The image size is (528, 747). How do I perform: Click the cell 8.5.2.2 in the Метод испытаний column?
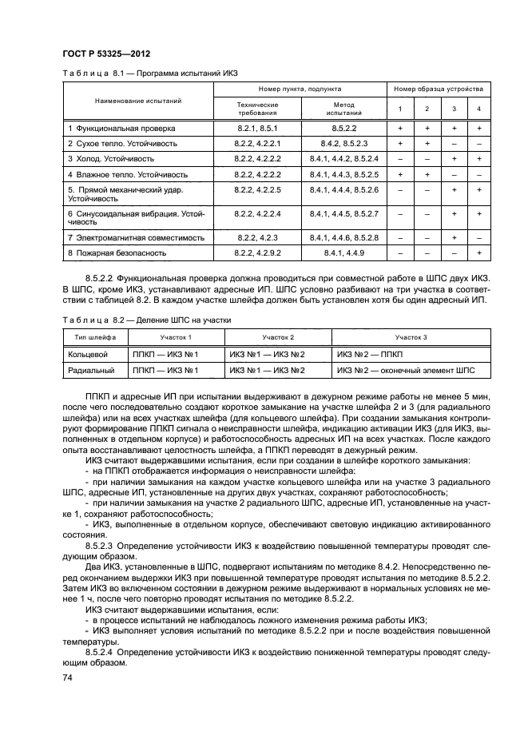tap(343, 128)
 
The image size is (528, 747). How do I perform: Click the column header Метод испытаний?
tap(343, 109)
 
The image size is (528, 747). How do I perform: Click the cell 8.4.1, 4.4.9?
tap(343, 253)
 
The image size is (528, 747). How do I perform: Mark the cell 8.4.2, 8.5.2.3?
tap(343, 143)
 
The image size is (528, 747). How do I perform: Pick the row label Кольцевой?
tap(89, 353)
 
